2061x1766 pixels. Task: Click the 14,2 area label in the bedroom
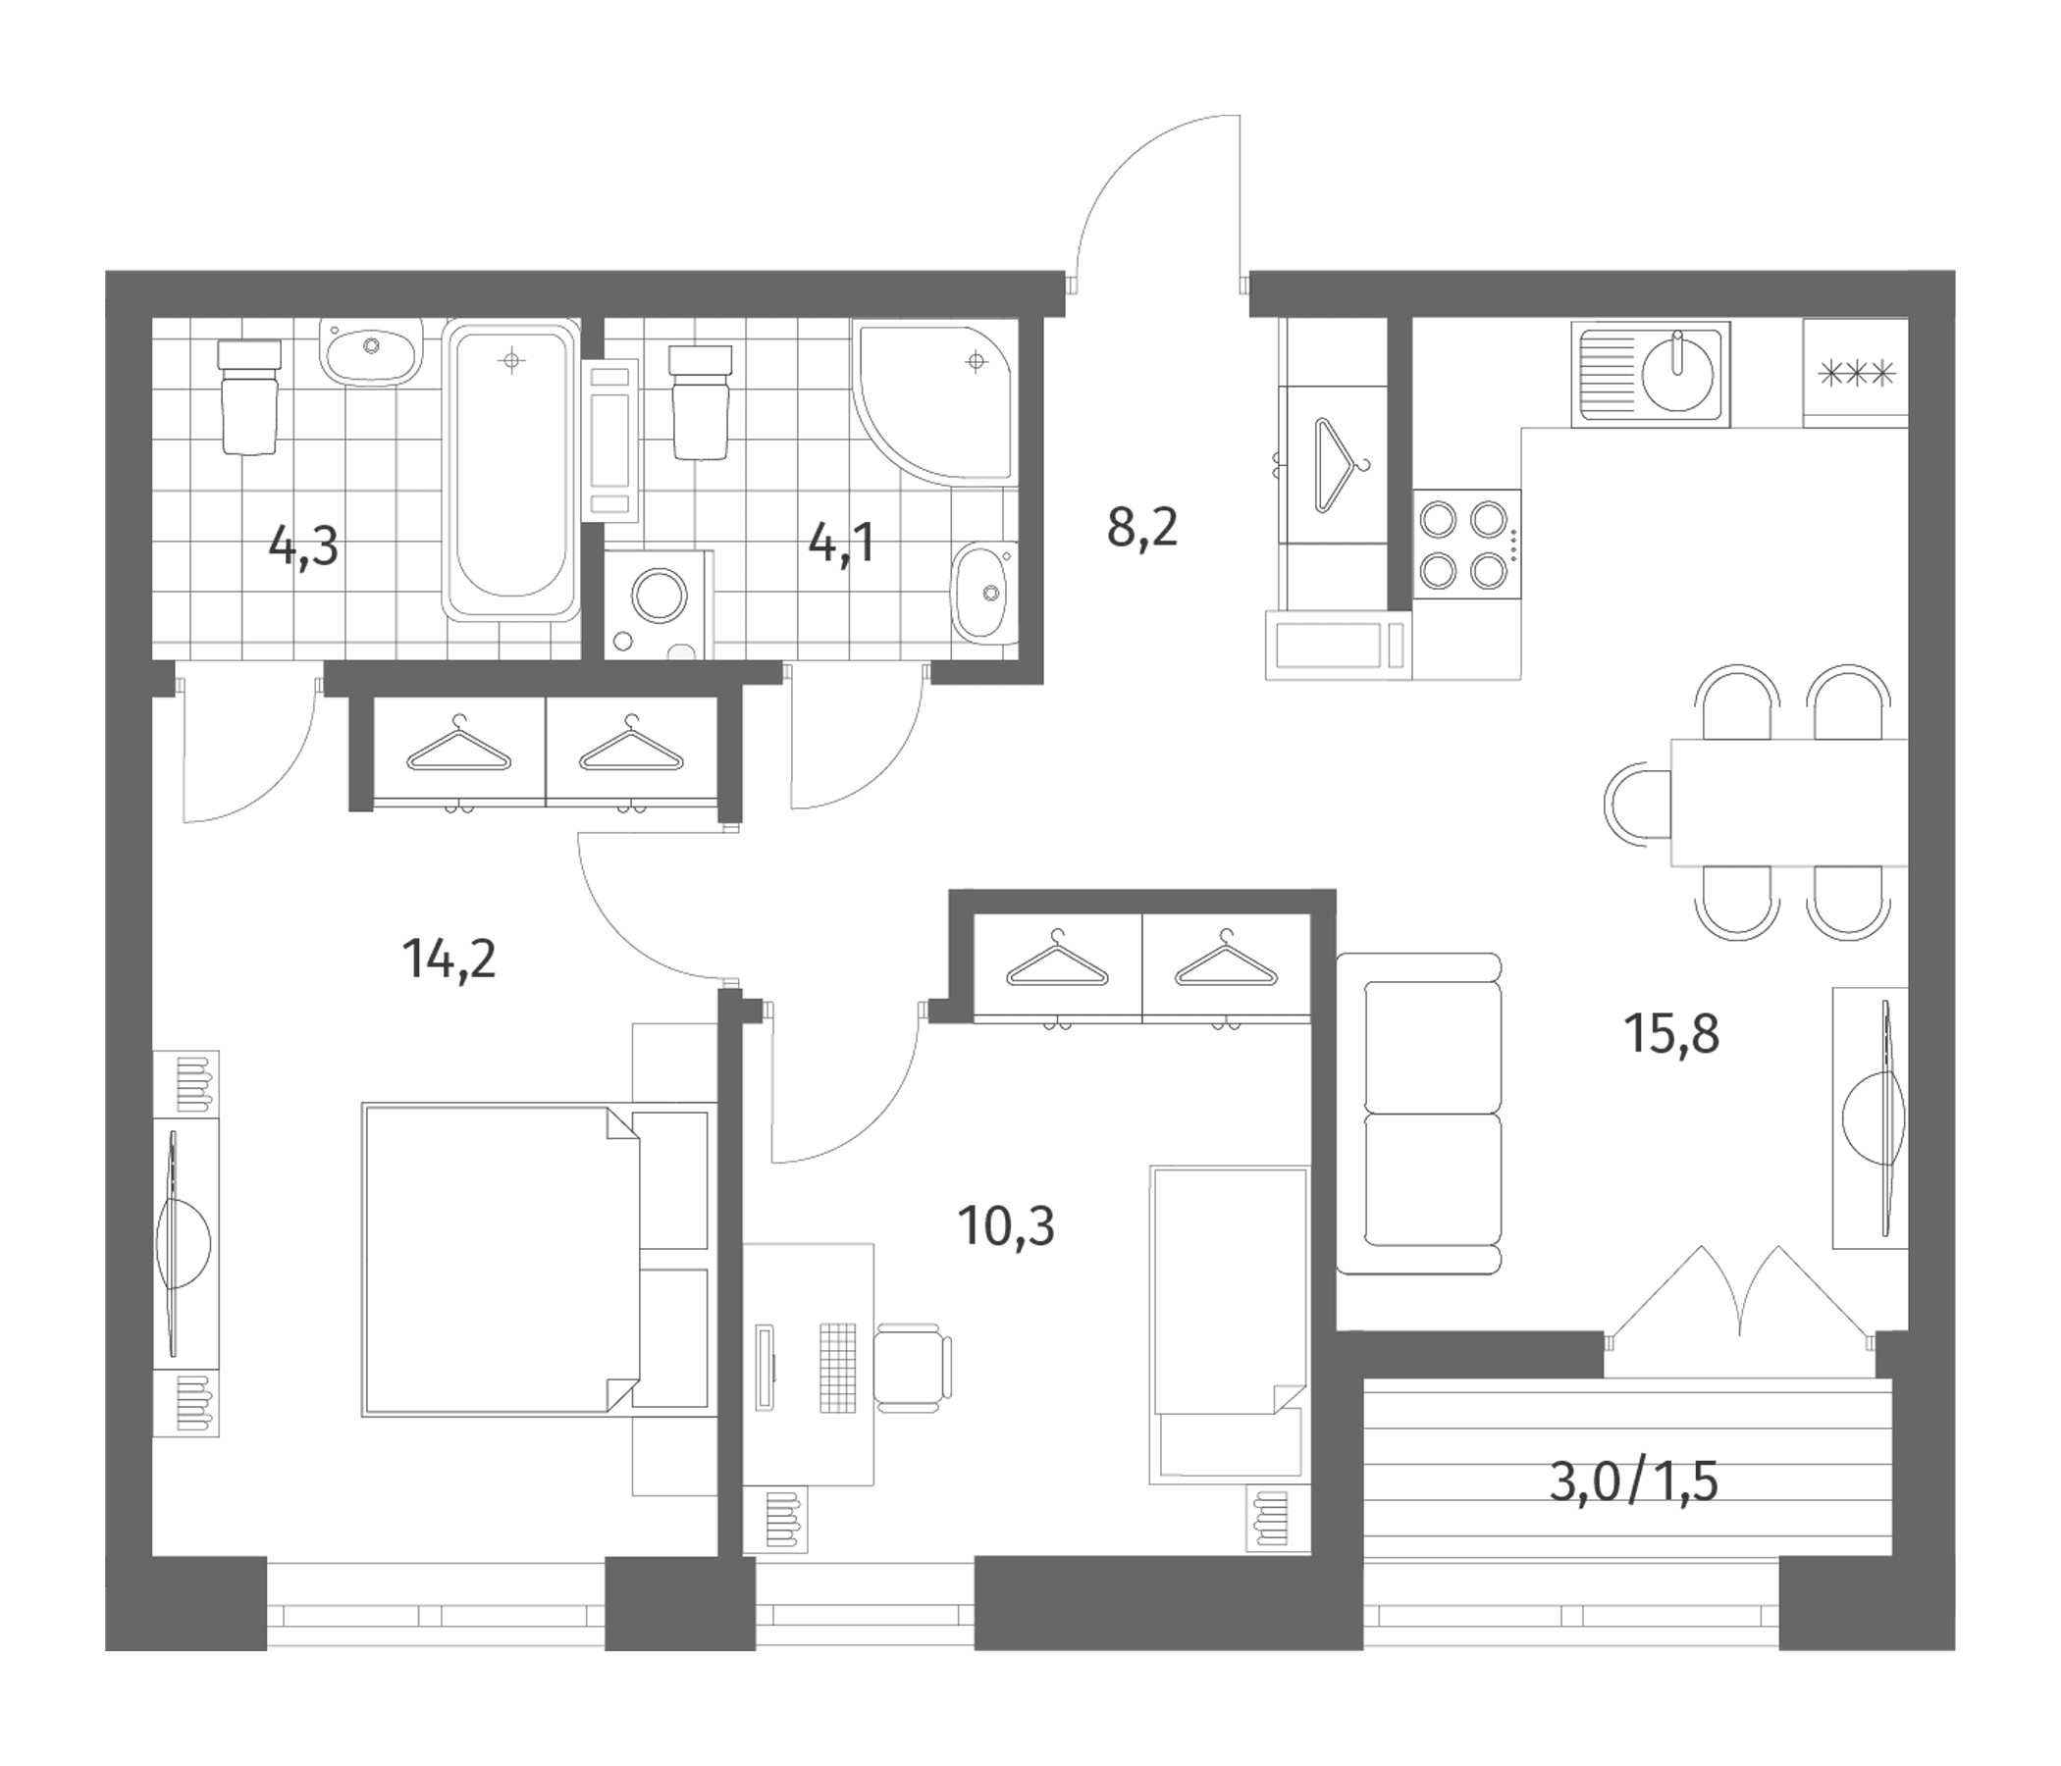point(449,961)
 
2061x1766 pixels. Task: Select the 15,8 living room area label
point(1671,1034)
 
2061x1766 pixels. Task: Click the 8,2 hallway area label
point(1142,527)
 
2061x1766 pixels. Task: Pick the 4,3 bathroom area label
point(303,545)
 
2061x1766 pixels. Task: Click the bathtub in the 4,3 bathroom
point(511,470)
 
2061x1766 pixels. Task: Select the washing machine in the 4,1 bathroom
point(660,604)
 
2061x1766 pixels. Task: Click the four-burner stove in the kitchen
point(1467,544)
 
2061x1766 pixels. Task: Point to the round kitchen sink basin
point(1678,375)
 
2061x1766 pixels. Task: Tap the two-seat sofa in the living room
point(1419,1114)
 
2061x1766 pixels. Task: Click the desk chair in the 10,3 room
point(913,1367)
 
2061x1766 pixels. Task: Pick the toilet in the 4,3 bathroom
point(248,396)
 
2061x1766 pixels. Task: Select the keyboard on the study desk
point(837,1368)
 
